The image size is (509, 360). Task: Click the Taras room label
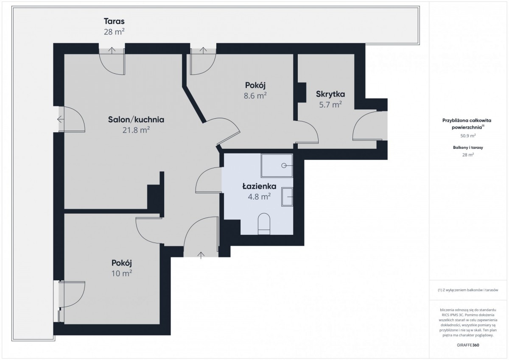[x=114, y=21]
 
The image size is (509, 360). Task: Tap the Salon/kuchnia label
[x=136, y=120]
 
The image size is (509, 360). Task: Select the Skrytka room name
[x=330, y=94]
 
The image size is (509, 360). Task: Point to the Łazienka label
[x=259, y=186]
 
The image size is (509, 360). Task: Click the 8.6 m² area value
[x=255, y=96]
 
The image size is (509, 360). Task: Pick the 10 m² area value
[x=122, y=273]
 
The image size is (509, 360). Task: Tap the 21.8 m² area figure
[x=136, y=130]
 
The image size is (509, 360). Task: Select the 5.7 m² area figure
[x=330, y=105]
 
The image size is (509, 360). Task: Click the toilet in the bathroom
[x=264, y=224]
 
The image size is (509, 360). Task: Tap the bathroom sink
[x=287, y=197]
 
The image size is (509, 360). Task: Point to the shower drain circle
[x=284, y=165]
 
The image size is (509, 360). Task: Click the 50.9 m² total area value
[x=468, y=136]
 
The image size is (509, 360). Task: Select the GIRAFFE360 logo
[x=468, y=345]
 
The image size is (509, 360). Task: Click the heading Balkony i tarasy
[x=468, y=148]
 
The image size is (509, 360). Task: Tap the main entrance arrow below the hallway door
[x=201, y=255]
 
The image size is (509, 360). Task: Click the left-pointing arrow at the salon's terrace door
[x=60, y=119]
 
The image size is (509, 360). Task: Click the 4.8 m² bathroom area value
[x=259, y=196]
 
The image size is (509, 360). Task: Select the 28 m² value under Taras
[x=114, y=32]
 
